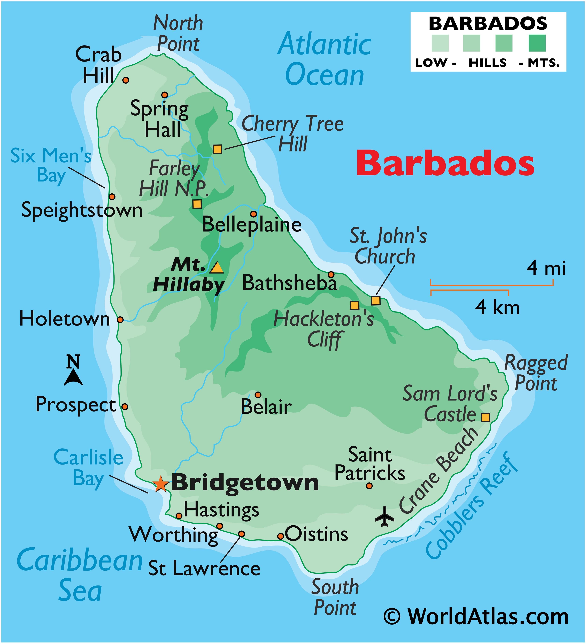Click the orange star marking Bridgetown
[161, 484]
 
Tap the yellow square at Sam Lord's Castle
[485, 417]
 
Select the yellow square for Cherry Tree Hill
[217, 149]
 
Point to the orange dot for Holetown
[120, 320]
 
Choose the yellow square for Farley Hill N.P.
[197, 204]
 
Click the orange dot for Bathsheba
[331, 274]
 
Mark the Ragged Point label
[536, 373]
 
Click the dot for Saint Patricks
[369, 486]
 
